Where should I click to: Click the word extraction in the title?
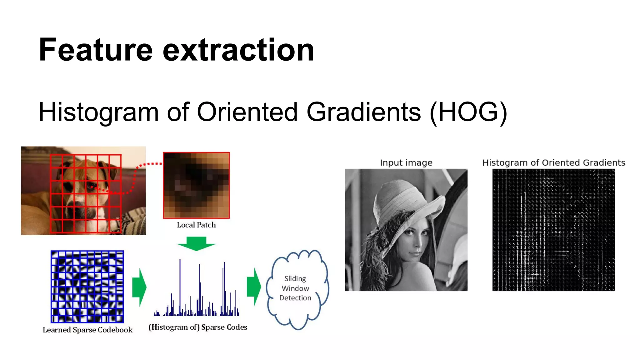pyautogui.click(x=238, y=50)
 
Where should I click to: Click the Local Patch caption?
pyautogui.click(x=196, y=225)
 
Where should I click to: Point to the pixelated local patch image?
pyautogui.click(x=196, y=185)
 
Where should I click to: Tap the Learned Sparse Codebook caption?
pyautogui.click(x=87, y=330)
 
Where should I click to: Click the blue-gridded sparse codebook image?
pyautogui.click(x=87, y=287)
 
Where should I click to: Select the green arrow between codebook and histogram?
pyautogui.click(x=139, y=287)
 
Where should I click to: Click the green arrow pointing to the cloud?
pyautogui.click(x=254, y=286)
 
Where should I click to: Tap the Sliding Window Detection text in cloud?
pyautogui.click(x=295, y=288)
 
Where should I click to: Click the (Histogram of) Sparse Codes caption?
pyautogui.click(x=198, y=327)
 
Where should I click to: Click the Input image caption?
pyautogui.click(x=406, y=163)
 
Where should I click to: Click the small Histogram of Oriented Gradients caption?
pyautogui.click(x=553, y=163)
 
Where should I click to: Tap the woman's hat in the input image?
pyautogui.click(x=403, y=200)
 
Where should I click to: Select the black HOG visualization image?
pyautogui.click(x=553, y=230)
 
